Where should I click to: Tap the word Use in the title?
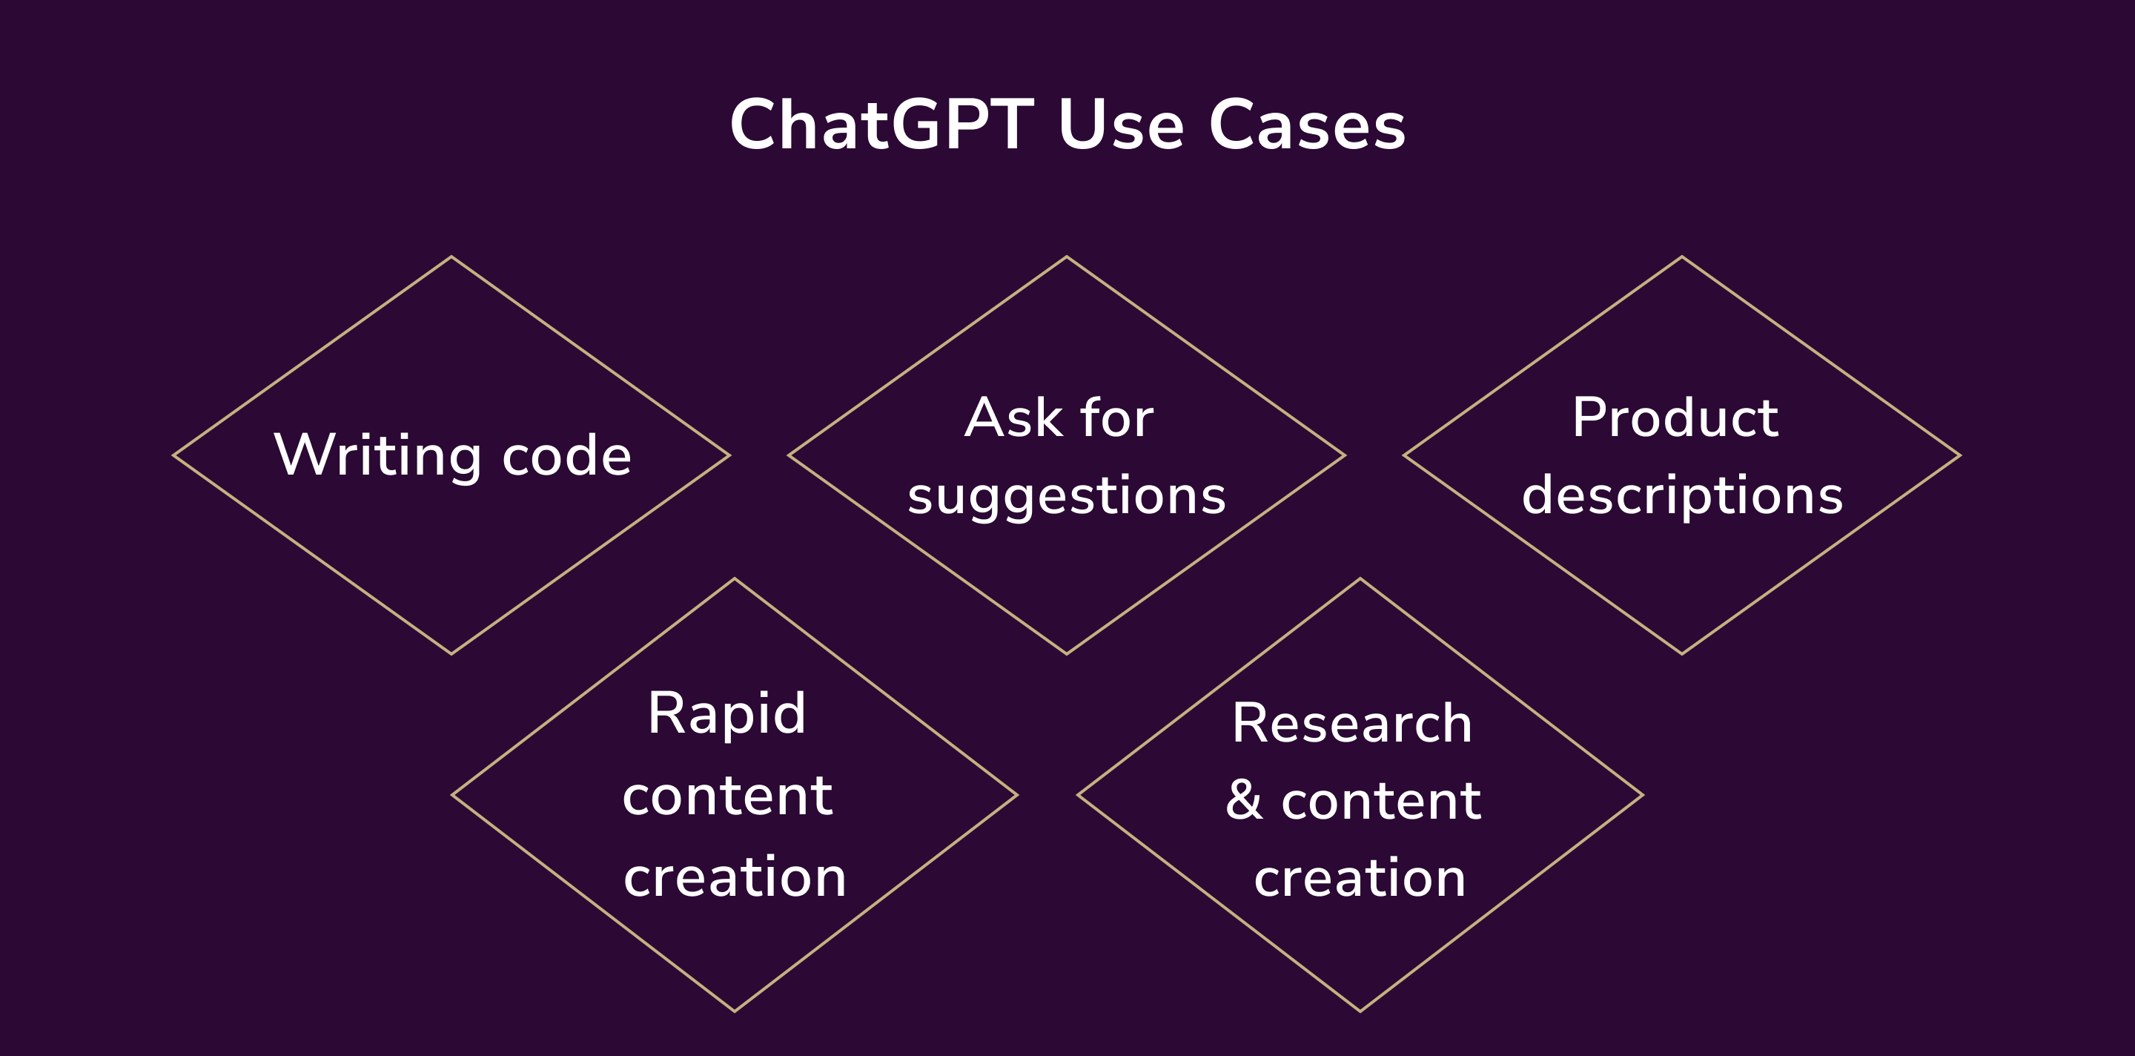pyautogui.click(x=1121, y=125)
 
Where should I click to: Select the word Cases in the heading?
pyautogui.click(x=1307, y=125)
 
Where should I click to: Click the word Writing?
pyautogui.click(x=377, y=455)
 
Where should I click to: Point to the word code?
pyautogui.click(x=567, y=455)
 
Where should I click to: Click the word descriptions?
pyautogui.click(x=1683, y=495)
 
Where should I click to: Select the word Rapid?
pyautogui.click(x=726, y=713)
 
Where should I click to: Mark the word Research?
pyautogui.click(x=1351, y=723)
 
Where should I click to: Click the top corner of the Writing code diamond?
pyautogui.click(x=451, y=257)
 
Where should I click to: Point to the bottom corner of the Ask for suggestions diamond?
pyautogui.click(x=1067, y=654)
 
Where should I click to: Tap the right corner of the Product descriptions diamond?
pyautogui.click(x=1960, y=455)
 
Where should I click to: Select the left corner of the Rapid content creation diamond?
pyautogui.click(x=452, y=795)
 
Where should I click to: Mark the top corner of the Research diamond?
pyautogui.click(x=1360, y=578)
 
